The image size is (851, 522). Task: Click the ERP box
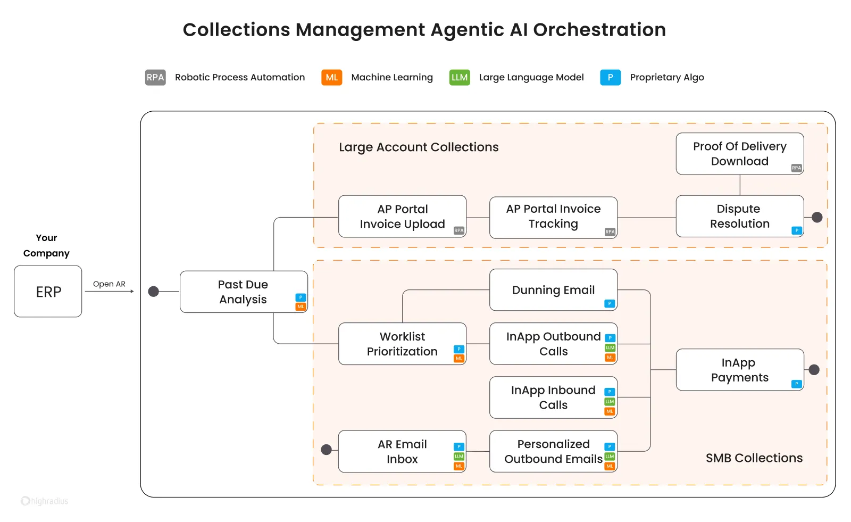pyautogui.click(x=48, y=292)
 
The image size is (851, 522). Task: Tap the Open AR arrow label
pyautogui.click(x=109, y=284)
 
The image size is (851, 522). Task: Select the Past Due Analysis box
pyautogui.click(x=244, y=292)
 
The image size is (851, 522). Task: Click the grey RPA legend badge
pyautogui.click(x=155, y=78)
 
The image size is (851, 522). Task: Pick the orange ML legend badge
pyautogui.click(x=331, y=78)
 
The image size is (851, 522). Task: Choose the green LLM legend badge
pyautogui.click(x=460, y=78)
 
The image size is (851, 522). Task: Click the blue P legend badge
pyautogui.click(x=610, y=78)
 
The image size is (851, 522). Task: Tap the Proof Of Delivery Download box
pyautogui.click(x=739, y=154)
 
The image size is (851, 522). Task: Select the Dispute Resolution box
pyautogui.click(x=739, y=216)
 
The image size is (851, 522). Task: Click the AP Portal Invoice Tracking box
pyautogui.click(x=553, y=217)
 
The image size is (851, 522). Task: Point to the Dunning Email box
pyautogui.click(x=553, y=290)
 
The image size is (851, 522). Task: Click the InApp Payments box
pyautogui.click(x=739, y=370)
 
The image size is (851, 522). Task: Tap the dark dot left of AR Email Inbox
pyautogui.click(x=327, y=450)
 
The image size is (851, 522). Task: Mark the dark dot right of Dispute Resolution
pyautogui.click(x=817, y=217)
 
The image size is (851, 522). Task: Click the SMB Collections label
pyautogui.click(x=754, y=458)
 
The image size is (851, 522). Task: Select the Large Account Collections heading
pyautogui.click(x=419, y=147)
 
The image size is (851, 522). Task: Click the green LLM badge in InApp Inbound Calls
pyautogui.click(x=610, y=402)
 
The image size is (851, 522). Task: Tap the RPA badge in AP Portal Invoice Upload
pyautogui.click(x=458, y=230)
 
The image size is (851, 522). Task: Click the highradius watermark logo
pyautogui.click(x=45, y=501)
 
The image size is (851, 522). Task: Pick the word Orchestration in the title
pyautogui.click(x=599, y=30)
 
